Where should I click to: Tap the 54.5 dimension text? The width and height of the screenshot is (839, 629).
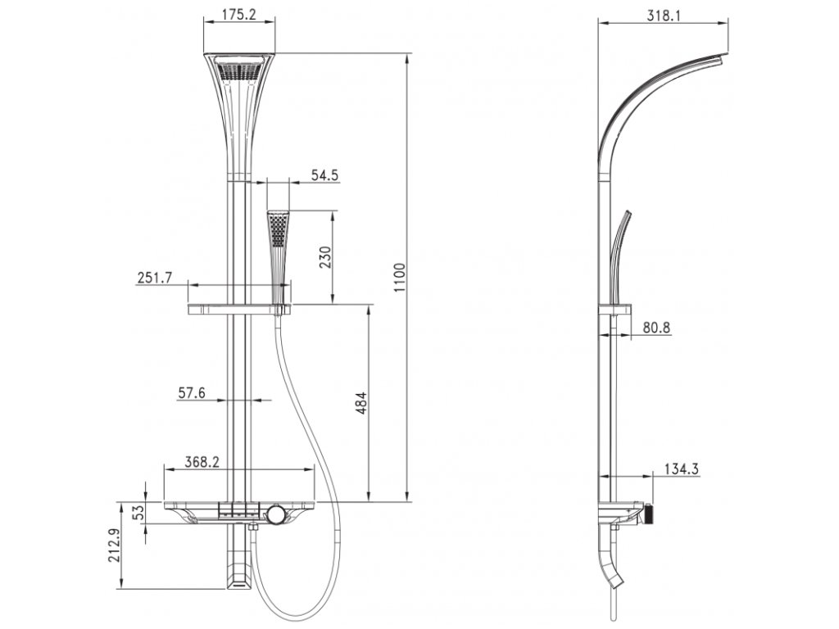tap(325, 174)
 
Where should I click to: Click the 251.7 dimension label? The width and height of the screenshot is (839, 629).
tap(154, 278)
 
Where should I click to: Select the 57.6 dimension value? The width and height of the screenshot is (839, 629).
tap(192, 393)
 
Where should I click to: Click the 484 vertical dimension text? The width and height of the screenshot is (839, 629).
tap(362, 405)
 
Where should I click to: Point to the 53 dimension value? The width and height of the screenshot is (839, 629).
tap(138, 514)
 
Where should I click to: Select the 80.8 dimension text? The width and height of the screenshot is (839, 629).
tap(656, 328)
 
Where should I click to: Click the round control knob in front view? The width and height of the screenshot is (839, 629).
tap(276, 514)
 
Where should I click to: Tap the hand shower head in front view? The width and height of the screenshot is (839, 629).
tap(279, 229)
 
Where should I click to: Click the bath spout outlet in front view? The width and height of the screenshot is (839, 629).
tap(238, 581)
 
